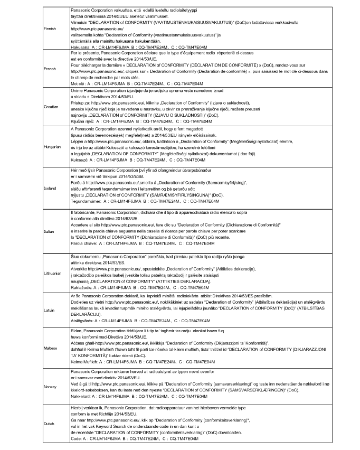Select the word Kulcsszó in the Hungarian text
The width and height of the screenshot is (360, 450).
(x=80, y=159)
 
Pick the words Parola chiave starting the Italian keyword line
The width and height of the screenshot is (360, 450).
(x=83, y=244)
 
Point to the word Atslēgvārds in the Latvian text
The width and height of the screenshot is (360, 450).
(x=83, y=321)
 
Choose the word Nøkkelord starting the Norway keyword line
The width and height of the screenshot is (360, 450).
(x=81, y=395)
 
